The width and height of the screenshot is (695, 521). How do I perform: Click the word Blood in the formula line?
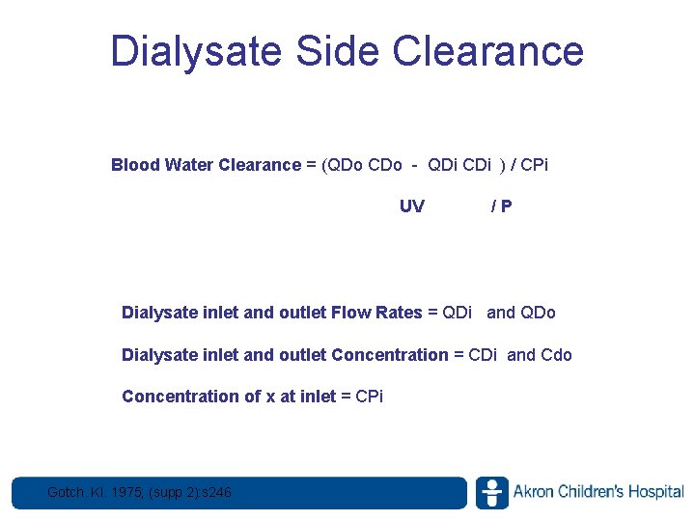(x=136, y=165)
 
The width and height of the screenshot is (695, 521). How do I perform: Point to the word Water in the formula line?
(x=190, y=165)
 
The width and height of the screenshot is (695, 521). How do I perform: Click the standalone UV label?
(x=411, y=206)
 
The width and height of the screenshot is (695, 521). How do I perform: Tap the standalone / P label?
(x=501, y=206)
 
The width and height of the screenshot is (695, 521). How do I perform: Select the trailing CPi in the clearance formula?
(x=533, y=165)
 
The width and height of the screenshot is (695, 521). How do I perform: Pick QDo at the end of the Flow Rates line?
(x=538, y=313)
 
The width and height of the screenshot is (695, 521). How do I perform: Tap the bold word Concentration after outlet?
(x=389, y=355)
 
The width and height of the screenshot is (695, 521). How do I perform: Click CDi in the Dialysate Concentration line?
(x=483, y=355)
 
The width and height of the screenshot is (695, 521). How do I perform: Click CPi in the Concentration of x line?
(x=369, y=397)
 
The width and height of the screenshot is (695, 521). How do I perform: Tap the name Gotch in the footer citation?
(x=67, y=494)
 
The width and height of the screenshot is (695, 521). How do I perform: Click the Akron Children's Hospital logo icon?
(x=491, y=493)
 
